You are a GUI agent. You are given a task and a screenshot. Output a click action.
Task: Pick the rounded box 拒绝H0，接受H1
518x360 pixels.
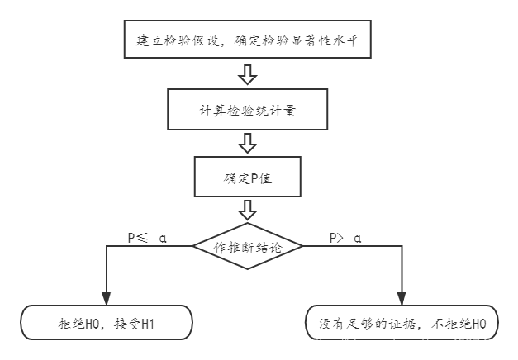point(106,322)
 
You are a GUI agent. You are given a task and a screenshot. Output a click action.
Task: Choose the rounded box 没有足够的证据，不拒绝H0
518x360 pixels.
point(402,322)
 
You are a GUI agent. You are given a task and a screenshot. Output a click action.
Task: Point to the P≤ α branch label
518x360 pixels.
point(147,237)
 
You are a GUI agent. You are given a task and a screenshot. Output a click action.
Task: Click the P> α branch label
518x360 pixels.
point(345,237)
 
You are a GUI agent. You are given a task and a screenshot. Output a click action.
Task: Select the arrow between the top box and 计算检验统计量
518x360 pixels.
point(246,75)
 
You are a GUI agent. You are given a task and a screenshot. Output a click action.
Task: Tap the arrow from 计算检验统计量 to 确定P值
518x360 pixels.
point(246,144)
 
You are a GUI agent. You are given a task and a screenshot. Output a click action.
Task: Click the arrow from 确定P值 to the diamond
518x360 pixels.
point(246,211)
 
